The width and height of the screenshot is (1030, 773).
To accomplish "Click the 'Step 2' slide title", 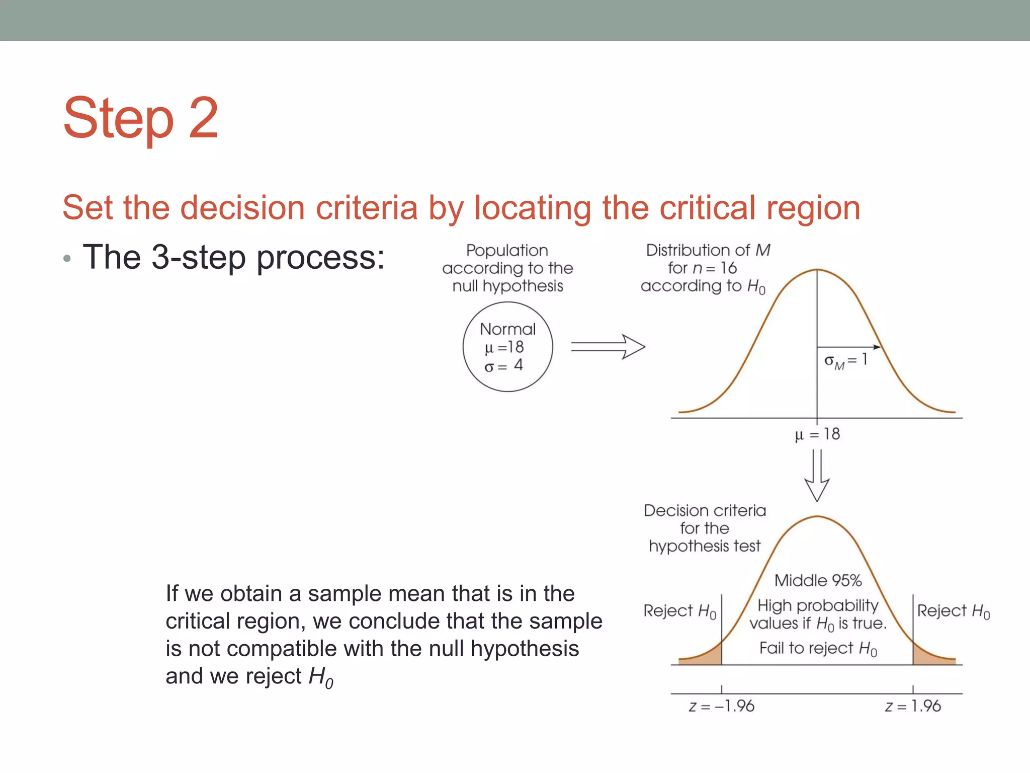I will tap(141, 118).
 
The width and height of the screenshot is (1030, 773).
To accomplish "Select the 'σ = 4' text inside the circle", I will tap(503, 365).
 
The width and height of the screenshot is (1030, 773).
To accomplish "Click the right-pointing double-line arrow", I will tap(608, 347).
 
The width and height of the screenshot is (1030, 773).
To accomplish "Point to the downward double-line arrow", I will tap(817, 475).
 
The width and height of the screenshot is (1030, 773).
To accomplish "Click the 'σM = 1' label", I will tap(845, 360).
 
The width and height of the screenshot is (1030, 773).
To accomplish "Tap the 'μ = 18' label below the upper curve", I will tap(817, 434).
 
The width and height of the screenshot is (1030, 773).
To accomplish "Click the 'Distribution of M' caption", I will tap(708, 250).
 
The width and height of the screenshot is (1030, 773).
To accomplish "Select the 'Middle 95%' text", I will tap(818, 580).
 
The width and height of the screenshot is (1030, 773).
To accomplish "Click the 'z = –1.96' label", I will tap(721, 706).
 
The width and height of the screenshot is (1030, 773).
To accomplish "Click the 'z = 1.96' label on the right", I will tap(913, 706).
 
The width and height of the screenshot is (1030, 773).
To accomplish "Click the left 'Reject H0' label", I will tap(679, 611).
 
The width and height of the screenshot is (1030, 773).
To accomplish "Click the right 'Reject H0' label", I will tap(953, 611).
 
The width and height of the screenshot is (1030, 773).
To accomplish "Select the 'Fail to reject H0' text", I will tap(818, 648).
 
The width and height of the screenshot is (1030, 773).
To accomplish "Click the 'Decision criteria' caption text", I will tap(705, 510).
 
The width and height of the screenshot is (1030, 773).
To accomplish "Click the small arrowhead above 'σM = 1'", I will tap(877, 347).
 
